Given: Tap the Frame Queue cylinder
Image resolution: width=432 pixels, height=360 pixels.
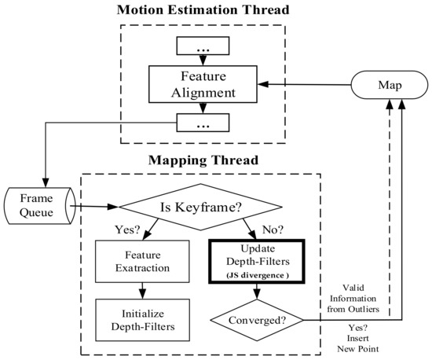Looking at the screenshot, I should point(36,205).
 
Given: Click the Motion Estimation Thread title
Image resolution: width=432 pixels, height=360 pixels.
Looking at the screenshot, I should point(202,11).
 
